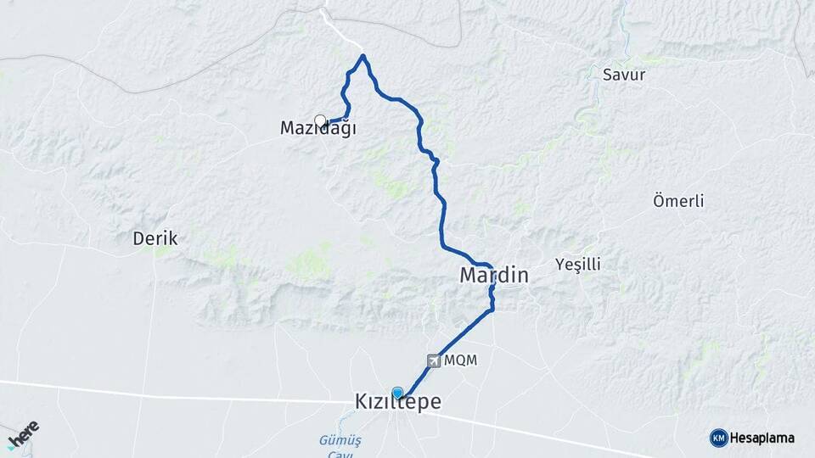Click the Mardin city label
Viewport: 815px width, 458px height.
tap(493, 276)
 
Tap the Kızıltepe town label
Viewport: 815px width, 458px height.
tap(397, 402)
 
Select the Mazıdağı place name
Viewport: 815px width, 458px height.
tap(318, 129)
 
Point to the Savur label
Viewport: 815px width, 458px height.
tap(624, 75)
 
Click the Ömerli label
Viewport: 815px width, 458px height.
tap(678, 202)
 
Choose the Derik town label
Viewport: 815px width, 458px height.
tap(155, 238)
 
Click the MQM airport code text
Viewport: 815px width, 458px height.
tap(460, 360)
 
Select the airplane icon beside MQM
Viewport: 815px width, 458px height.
tap(435, 360)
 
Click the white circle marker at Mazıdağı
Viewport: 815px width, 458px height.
tap(320, 120)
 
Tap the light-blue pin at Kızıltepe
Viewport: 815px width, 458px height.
tap(397, 393)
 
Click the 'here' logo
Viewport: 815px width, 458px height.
tap(23, 434)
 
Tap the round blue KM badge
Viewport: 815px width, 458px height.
tap(718, 438)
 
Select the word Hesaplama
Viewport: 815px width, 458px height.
tap(762, 438)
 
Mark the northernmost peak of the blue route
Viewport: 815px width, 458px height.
tap(363, 56)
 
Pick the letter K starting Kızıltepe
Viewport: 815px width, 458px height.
tap(360, 402)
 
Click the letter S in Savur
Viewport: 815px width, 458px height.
tap(607, 75)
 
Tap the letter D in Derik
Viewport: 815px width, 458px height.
tap(138, 238)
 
